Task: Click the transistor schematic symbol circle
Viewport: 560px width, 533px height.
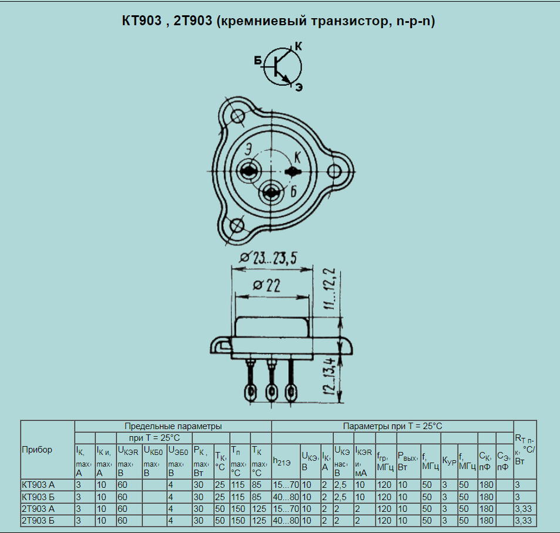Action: [x=265, y=67]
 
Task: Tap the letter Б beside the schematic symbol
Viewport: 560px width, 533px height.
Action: [x=258, y=60]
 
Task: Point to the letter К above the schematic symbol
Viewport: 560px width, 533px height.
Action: [x=298, y=46]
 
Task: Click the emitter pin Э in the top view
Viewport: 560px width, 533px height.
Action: [x=248, y=171]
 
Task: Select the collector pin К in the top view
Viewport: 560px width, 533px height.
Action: [x=293, y=172]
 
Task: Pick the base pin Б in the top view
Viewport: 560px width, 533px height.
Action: [x=271, y=193]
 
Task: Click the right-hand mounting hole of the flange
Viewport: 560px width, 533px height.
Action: [x=335, y=171]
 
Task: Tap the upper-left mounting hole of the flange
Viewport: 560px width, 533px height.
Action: [x=237, y=116]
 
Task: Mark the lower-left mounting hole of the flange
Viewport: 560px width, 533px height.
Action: [x=236, y=225]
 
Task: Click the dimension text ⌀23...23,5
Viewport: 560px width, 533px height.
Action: [x=268, y=258]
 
